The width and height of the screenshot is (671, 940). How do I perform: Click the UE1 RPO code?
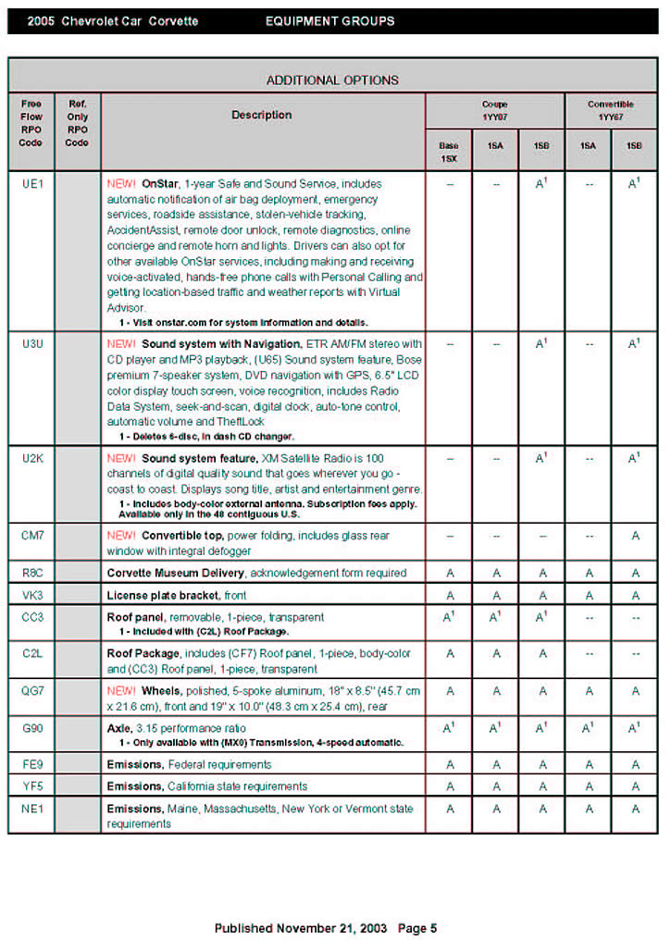click(31, 183)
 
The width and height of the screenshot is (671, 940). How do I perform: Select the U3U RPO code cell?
click(31, 343)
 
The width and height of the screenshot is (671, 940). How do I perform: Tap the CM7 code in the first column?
click(31, 536)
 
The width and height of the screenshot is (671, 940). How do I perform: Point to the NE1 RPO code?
click(31, 809)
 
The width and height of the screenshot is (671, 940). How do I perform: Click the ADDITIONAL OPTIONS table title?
click(332, 80)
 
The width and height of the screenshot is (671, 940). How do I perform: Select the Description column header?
click(261, 116)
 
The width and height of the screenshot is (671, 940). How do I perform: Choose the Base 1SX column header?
click(449, 151)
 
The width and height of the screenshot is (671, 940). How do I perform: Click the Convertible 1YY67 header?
click(611, 110)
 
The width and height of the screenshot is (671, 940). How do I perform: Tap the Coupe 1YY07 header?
click(494, 110)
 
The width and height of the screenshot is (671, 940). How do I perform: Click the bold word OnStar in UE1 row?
click(160, 184)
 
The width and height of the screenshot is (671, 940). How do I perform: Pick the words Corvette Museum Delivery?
click(176, 573)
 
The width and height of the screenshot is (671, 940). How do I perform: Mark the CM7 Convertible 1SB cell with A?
click(635, 536)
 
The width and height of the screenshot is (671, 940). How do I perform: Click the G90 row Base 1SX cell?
click(449, 728)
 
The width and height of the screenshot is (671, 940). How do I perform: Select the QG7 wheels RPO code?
click(31, 690)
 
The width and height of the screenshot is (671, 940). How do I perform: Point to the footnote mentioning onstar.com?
click(243, 323)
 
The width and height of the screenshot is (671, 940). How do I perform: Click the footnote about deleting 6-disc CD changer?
click(205, 436)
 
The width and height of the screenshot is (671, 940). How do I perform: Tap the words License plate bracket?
click(163, 595)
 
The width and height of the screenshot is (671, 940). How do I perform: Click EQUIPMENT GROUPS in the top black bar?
click(329, 20)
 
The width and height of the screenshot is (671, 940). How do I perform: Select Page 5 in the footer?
click(417, 928)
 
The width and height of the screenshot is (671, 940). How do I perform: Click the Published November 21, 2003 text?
click(302, 928)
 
